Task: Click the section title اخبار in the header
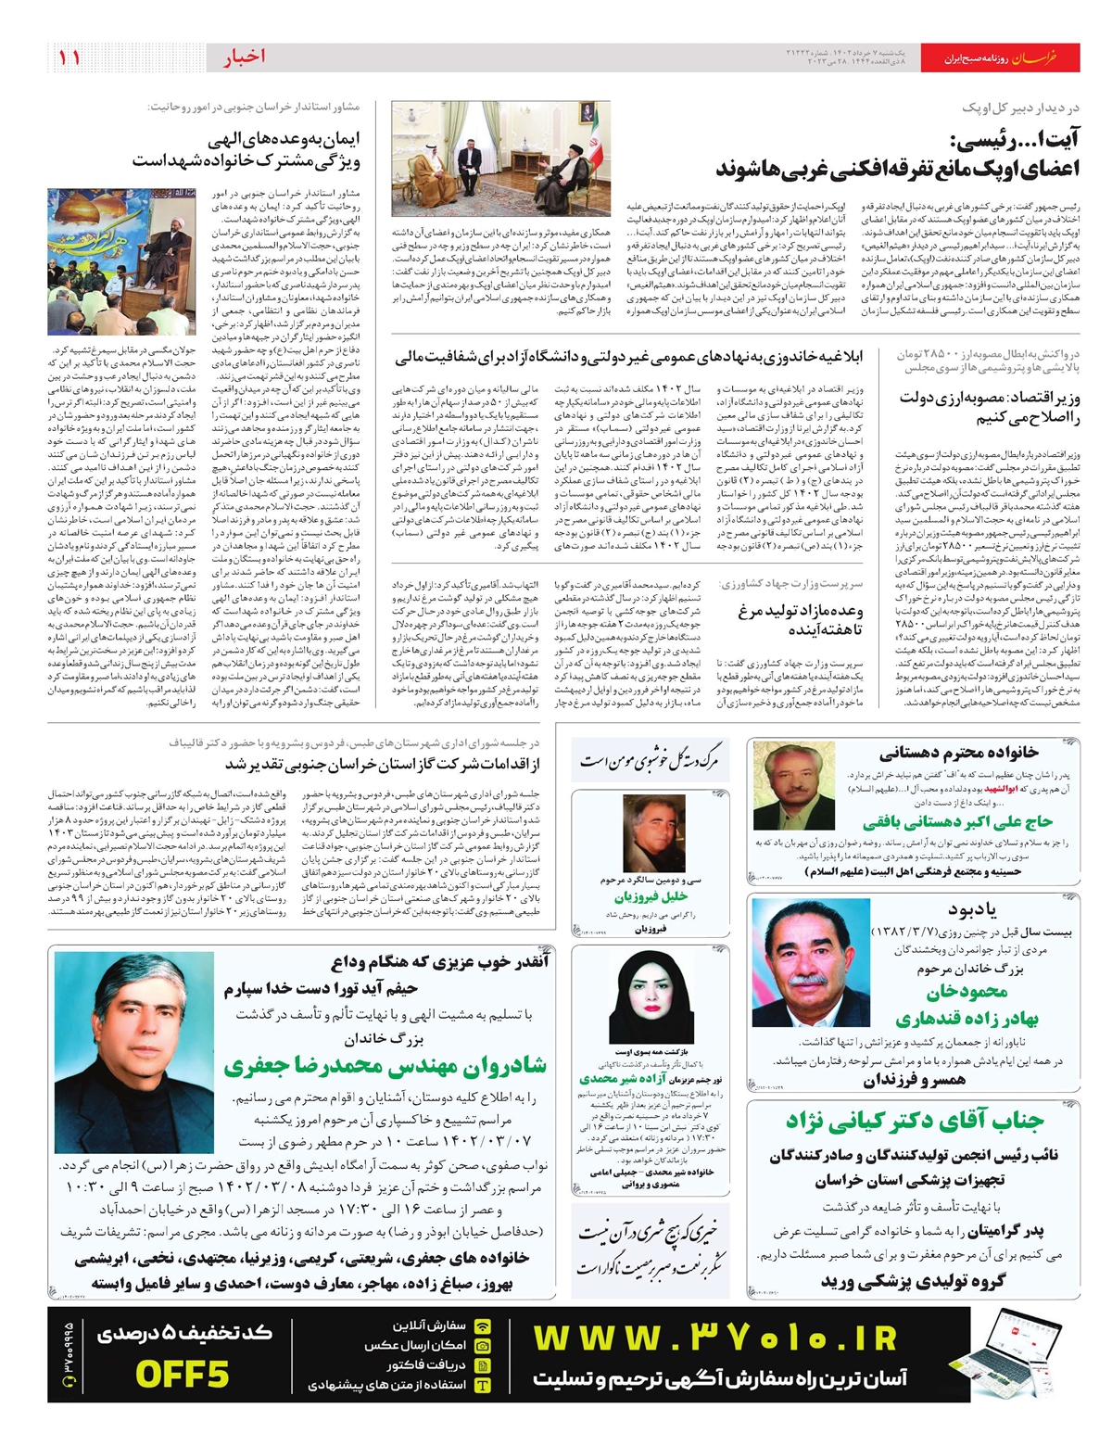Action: tap(244, 57)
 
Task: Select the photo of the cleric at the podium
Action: tap(121, 262)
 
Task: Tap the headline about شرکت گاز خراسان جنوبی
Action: tap(382, 765)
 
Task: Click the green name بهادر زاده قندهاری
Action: tap(967, 1018)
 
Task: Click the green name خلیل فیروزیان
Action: tap(651, 897)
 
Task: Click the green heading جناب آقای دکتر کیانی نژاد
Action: tap(915, 1122)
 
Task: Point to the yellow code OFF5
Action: tap(182, 1374)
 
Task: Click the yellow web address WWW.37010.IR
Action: tap(714, 1338)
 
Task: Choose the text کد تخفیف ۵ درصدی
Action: tap(184, 1334)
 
